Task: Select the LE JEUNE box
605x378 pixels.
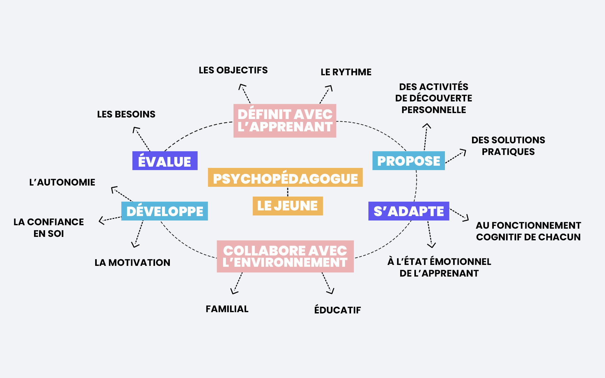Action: (x=288, y=206)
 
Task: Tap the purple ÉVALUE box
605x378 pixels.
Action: (x=165, y=161)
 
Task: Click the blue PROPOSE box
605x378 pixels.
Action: (x=408, y=161)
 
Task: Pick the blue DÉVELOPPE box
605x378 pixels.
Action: (x=164, y=211)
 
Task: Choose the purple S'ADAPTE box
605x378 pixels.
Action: (x=409, y=211)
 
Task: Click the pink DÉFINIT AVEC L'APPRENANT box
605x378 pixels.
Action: (x=285, y=121)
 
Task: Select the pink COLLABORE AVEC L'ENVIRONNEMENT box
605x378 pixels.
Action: (x=285, y=256)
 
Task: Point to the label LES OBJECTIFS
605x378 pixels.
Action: (x=233, y=70)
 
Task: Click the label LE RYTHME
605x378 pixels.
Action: (x=346, y=72)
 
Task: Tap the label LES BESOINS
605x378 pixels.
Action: (x=126, y=114)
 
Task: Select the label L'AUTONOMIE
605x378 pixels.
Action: (x=62, y=182)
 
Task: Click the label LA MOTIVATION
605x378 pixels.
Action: (x=132, y=263)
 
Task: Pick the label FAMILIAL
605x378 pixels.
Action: (x=227, y=309)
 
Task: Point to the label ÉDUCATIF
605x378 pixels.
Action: (x=337, y=310)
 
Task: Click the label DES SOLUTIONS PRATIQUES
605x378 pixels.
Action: (x=508, y=146)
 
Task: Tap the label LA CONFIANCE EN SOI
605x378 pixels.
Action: (x=49, y=228)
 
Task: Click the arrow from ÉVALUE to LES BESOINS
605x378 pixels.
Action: (x=141, y=139)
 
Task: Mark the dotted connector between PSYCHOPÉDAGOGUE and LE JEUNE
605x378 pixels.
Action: (x=288, y=192)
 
